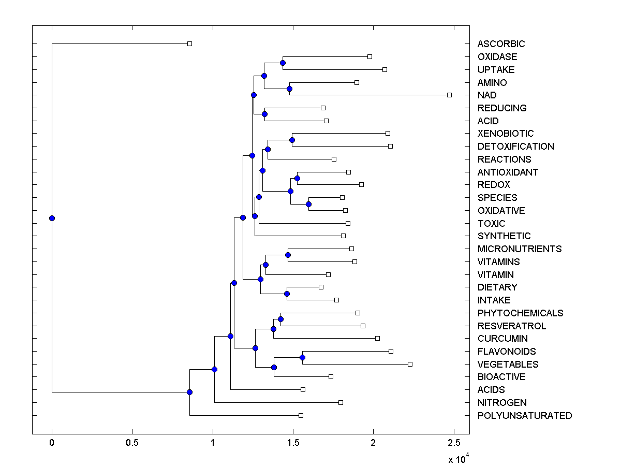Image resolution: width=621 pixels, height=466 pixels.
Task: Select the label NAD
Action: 487,95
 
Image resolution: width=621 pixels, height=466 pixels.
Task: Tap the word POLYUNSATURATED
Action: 525,416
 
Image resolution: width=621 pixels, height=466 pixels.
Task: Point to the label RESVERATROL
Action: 512,326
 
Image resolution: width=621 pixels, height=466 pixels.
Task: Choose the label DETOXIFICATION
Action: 515,147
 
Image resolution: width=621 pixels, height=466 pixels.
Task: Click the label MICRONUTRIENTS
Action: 520,249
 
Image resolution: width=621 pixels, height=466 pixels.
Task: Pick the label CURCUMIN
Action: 502,339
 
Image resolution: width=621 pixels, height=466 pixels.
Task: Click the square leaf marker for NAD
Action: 449,95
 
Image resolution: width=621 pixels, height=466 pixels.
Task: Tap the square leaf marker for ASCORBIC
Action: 189,43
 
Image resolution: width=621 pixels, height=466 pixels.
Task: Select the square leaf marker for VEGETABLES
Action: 410,364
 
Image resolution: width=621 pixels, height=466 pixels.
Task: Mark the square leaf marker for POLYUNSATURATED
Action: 301,415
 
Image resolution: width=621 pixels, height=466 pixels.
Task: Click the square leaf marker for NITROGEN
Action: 341,402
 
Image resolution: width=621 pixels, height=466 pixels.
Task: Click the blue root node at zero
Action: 52,218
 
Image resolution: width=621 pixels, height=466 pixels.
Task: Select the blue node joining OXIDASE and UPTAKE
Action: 283,63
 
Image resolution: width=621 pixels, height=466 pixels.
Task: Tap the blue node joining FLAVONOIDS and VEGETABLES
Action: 302,357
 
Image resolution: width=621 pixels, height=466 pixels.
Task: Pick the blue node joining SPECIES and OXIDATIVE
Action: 308,204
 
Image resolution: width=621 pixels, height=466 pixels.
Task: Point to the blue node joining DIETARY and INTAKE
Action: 287,294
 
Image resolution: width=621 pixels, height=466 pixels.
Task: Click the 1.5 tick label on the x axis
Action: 293,443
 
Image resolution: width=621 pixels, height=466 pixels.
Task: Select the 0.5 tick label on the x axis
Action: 132,443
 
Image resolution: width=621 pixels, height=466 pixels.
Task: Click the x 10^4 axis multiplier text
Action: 459,459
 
